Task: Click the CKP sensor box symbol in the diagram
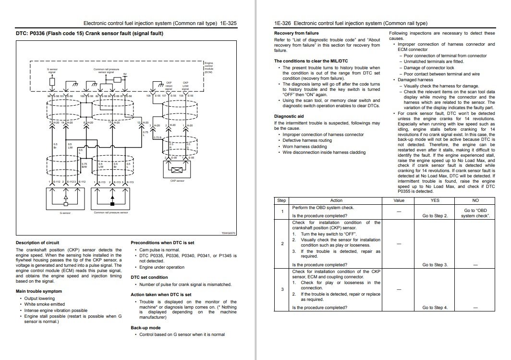click(x=177, y=170)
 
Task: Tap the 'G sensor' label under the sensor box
click(x=64, y=212)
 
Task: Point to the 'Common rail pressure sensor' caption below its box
click(x=110, y=212)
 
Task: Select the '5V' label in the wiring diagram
click(x=125, y=74)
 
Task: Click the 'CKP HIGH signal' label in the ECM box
click(x=169, y=86)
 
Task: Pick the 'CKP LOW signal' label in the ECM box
click(x=185, y=86)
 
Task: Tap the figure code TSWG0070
click(x=229, y=233)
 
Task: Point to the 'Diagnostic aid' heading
click(x=289, y=116)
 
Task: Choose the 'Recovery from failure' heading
click(x=296, y=33)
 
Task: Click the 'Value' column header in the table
click(x=399, y=200)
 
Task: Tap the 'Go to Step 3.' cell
click(x=435, y=265)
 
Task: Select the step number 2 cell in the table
click(x=282, y=244)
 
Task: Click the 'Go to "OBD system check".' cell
click(x=475, y=213)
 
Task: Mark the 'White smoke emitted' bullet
click(x=45, y=304)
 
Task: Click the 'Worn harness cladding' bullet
click(x=304, y=146)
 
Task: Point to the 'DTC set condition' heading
click(x=149, y=277)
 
